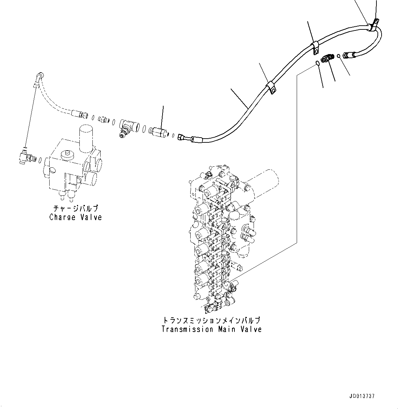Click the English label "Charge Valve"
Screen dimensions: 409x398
(x=76, y=217)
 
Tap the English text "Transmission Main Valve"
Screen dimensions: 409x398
(x=211, y=329)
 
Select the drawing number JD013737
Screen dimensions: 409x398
(x=362, y=396)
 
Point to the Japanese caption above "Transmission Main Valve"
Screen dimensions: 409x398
(x=211, y=321)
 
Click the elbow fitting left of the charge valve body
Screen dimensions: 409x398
(x=25, y=157)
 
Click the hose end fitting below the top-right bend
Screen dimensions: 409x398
(x=350, y=54)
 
